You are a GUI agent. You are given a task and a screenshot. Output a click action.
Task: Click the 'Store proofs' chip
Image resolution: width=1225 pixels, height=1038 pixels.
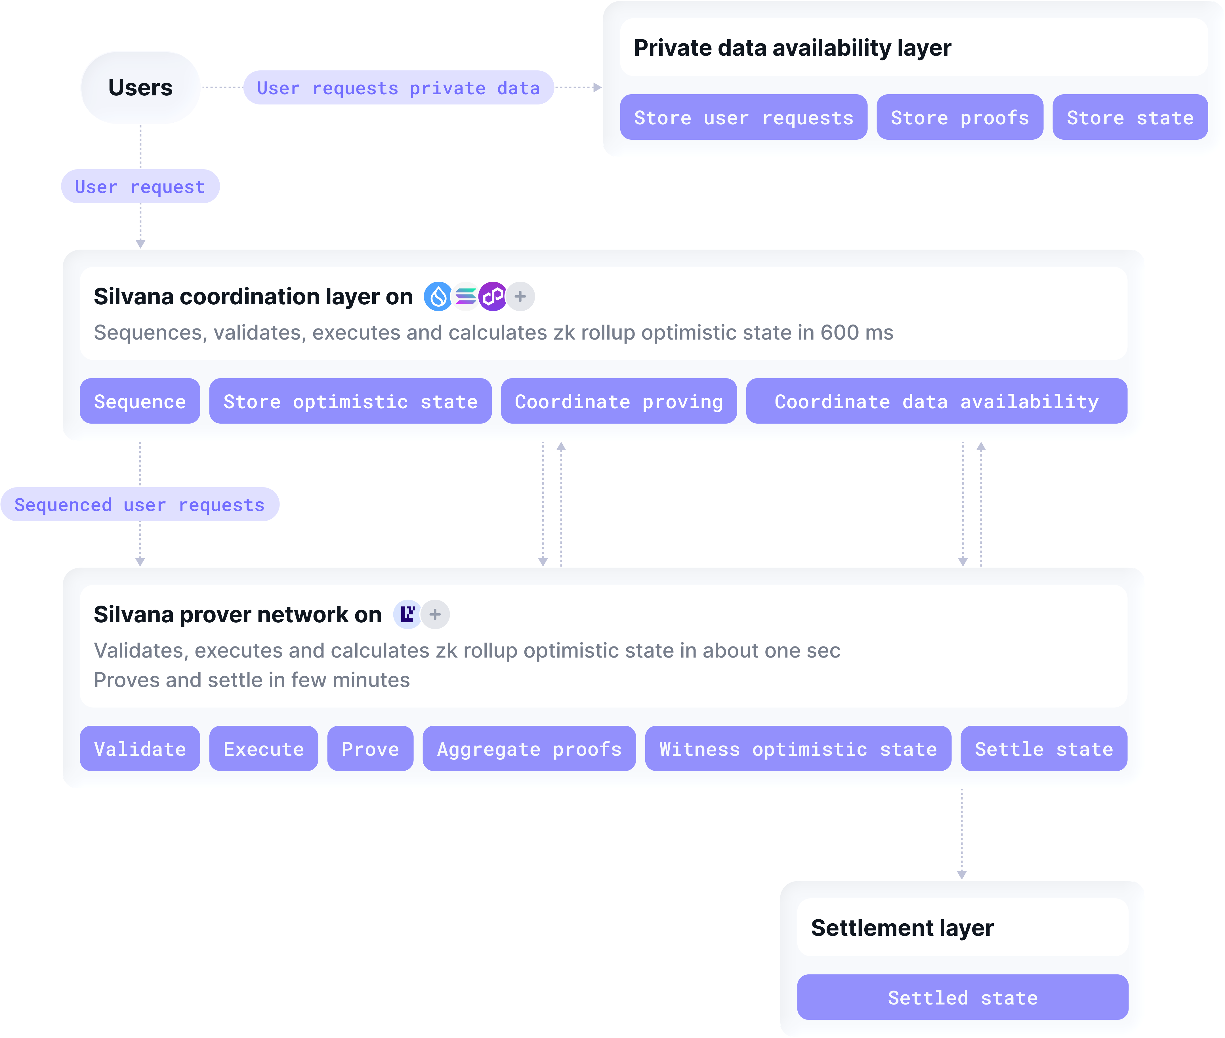pyautogui.click(x=960, y=118)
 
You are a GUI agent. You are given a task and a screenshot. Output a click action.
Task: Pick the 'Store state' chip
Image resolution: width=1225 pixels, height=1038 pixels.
pyautogui.click(x=1130, y=118)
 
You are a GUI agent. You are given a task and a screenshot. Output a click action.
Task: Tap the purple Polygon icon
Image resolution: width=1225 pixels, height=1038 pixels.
pyautogui.click(x=493, y=297)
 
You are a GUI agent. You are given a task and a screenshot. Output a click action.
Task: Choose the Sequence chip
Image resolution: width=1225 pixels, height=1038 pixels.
pyautogui.click(x=140, y=401)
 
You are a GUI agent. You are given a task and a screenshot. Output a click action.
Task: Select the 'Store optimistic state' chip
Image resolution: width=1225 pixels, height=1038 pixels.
pyautogui.click(x=350, y=401)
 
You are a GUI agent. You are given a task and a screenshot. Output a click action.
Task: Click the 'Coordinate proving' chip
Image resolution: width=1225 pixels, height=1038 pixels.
pyautogui.click(x=619, y=401)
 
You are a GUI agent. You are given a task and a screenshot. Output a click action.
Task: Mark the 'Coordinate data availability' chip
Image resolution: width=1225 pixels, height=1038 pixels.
pyautogui.click(x=936, y=401)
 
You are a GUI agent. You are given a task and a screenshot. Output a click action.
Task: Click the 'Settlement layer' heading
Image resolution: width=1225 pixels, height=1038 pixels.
pyautogui.click(x=902, y=928)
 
